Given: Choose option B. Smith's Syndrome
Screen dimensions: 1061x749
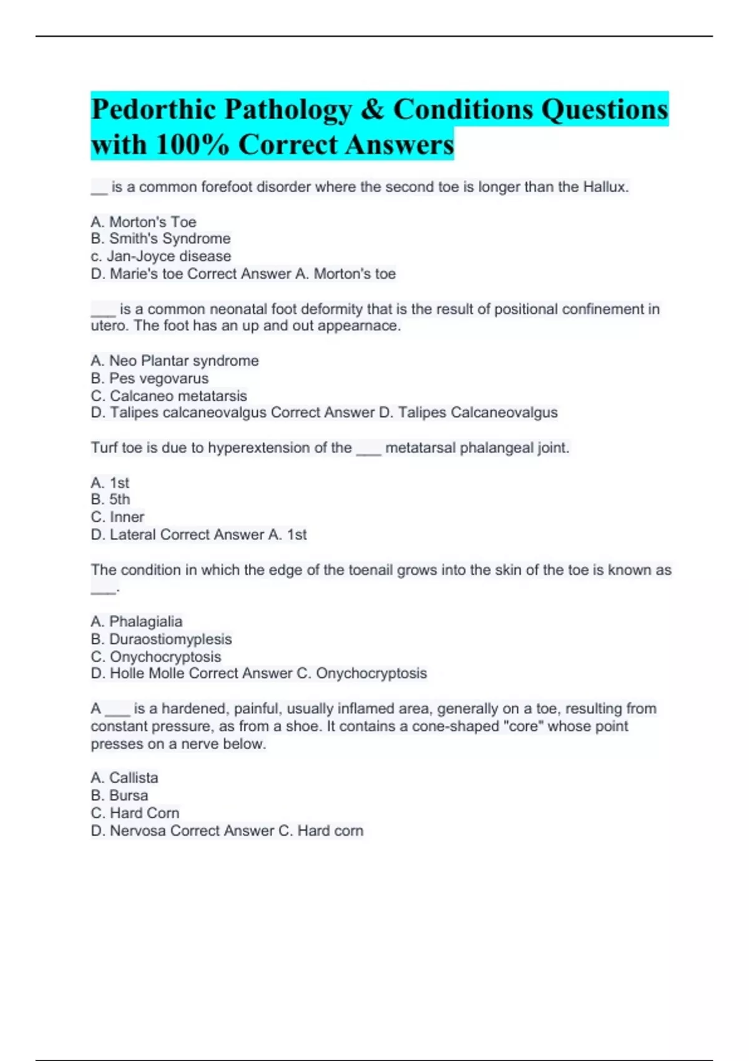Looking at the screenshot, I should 160,238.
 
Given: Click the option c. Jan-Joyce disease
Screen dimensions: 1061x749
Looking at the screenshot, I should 160,256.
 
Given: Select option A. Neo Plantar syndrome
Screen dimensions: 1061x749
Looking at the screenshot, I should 174,361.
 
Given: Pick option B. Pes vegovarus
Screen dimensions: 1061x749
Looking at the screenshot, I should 149,378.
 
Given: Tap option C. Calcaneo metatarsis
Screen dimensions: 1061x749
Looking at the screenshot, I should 169,396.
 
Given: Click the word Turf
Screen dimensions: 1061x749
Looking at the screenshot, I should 104,447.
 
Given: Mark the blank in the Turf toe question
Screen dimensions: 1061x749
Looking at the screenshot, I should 368,449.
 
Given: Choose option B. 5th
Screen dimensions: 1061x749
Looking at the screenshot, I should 110,499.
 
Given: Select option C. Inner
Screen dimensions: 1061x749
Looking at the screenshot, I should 117,517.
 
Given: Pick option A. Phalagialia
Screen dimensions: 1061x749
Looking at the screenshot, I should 136,622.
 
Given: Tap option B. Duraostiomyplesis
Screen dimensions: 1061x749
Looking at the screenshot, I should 161,639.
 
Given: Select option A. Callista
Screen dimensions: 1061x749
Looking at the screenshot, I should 124,778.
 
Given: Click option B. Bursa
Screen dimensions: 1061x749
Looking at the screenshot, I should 119,795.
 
